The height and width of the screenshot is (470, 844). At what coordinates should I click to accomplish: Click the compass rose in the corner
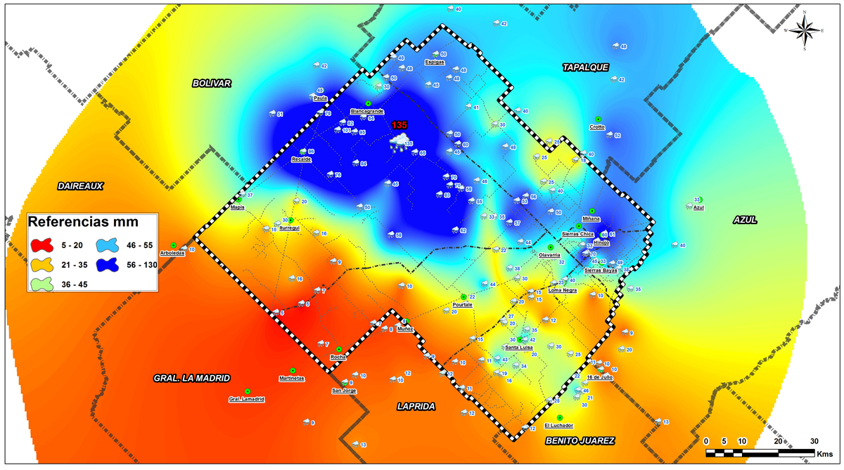point(805,30)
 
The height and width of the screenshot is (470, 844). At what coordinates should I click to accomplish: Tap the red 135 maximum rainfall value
point(399,125)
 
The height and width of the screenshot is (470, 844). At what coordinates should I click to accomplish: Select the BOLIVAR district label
point(212,83)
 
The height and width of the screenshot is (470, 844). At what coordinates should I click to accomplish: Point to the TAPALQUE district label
point(585,67)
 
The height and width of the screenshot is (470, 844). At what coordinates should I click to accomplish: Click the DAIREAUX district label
point(80,186)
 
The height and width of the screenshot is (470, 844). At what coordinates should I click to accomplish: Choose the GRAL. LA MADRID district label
point(191,378)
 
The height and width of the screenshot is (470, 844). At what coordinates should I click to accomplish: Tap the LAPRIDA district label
point(416,406)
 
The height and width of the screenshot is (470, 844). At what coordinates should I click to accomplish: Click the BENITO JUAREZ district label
point(580,440)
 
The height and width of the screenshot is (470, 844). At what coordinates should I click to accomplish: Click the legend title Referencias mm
point(82,222)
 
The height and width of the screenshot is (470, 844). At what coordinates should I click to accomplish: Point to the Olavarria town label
point(549,255)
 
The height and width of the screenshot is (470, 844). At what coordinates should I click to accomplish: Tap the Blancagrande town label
point(367,111)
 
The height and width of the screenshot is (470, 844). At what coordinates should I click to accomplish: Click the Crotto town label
point(597,127)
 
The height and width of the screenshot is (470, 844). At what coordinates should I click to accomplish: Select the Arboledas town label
point(172,253)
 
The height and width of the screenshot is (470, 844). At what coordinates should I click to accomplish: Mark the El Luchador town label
point(559,425)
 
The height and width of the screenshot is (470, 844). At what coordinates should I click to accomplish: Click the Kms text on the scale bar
point(824,455)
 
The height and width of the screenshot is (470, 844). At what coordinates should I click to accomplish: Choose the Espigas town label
point(435,62)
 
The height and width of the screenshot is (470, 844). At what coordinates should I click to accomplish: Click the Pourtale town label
point(462,305)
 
